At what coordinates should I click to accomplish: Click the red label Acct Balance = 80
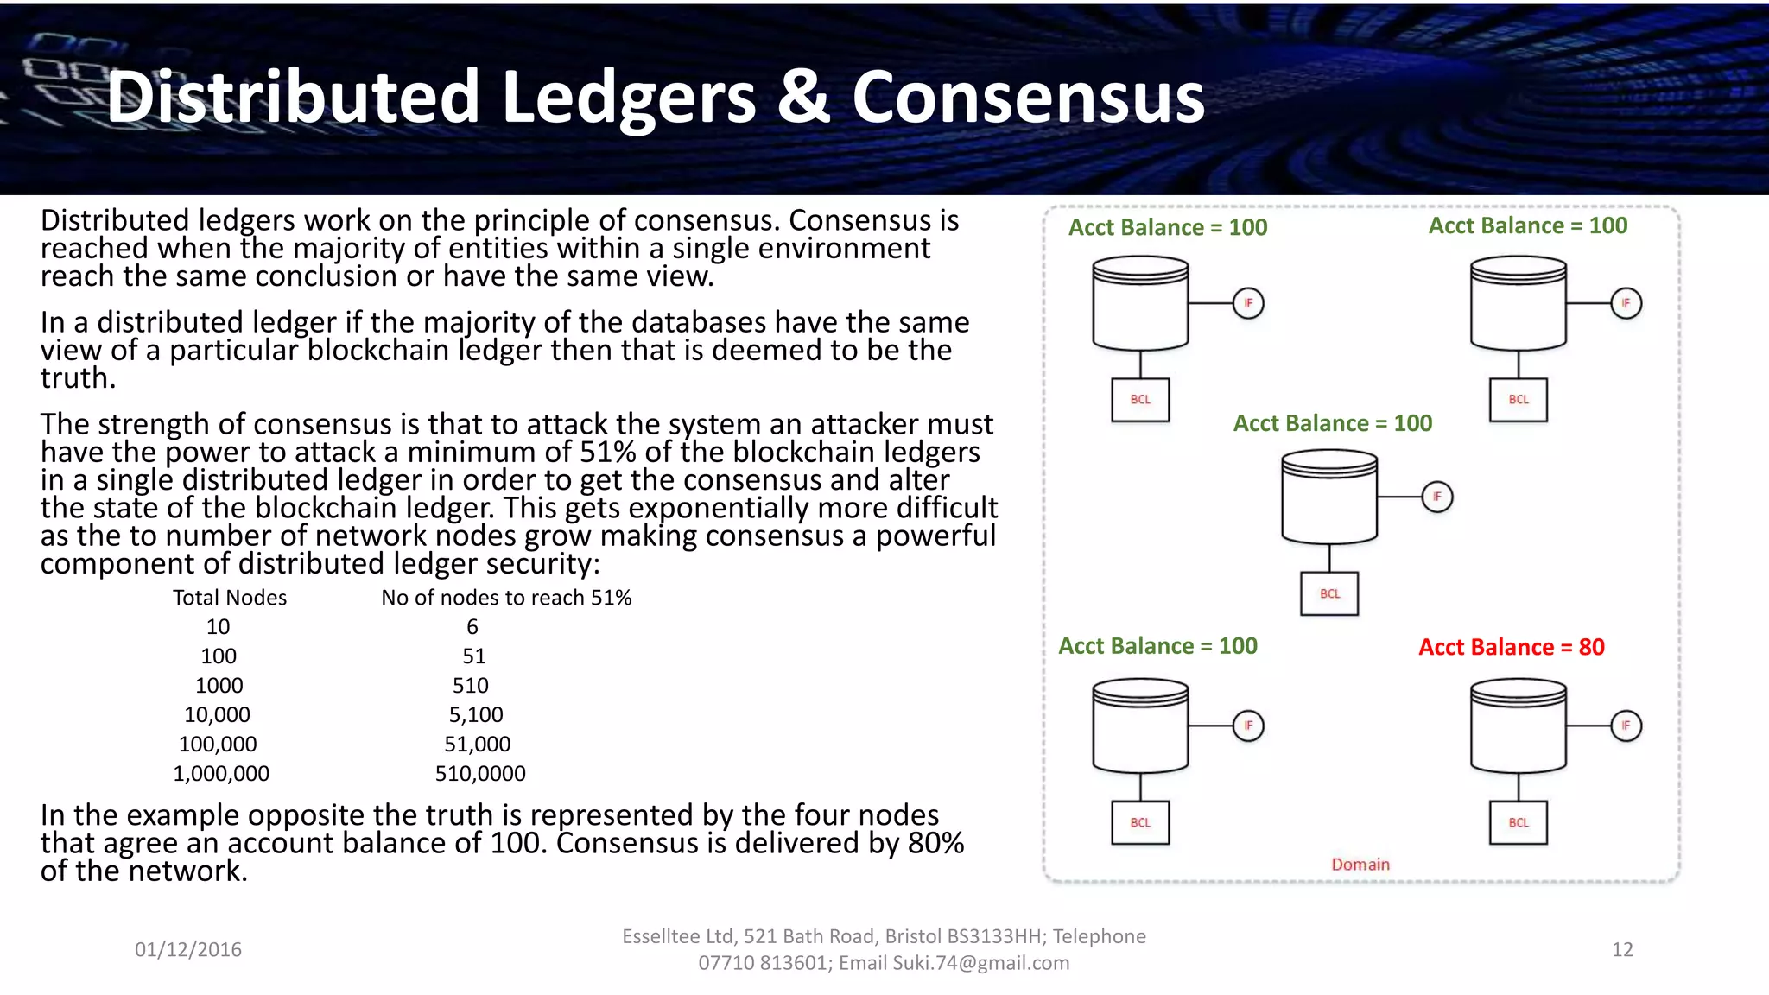pos(1511,647)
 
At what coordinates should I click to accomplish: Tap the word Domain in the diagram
pos(1360,865)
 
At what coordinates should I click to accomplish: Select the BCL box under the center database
pos(1329,593)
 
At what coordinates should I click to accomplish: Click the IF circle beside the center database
pos(1437,497)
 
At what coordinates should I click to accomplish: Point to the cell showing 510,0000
pos(480,773)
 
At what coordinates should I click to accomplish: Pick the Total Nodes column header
pos(230,598)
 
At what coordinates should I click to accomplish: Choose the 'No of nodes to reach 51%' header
pos(506,598)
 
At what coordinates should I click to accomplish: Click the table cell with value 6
pos(472,627)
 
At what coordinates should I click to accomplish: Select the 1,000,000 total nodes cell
pos(221,773)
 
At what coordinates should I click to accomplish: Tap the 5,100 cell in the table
pos(476,715)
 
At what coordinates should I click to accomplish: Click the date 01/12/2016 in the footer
pos(188,950)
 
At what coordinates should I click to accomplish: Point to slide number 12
pos(1622,950)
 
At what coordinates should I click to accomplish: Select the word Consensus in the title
pos(1028,97)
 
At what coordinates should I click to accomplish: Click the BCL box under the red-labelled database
pos(1518,822)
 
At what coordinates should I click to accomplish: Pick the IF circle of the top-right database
pos(1626,303)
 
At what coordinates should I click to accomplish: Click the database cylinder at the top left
pos(1140,303)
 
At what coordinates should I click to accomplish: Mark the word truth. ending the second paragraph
pos(78,378)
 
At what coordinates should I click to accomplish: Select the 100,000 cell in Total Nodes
pos(218,744)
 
